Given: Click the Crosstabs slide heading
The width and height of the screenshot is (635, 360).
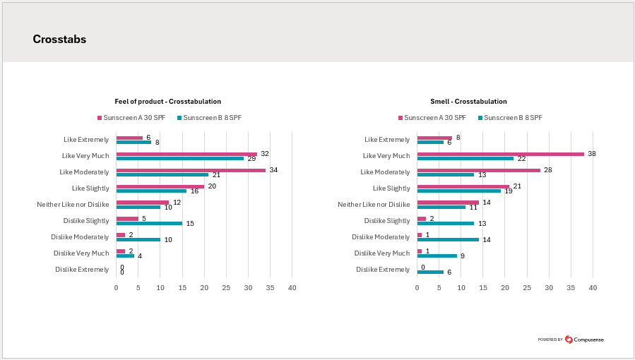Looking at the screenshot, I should click(59, 40).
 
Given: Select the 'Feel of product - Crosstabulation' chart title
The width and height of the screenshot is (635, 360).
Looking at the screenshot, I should click(167, 102).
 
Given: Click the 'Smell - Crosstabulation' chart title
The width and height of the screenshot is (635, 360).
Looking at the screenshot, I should click(468, 102).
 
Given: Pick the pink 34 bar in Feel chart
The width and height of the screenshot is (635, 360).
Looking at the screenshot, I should click(191, 170).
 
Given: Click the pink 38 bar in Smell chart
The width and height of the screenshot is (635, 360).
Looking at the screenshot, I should click(501, 154).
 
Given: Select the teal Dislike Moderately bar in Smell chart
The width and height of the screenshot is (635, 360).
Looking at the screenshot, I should click(448, 239).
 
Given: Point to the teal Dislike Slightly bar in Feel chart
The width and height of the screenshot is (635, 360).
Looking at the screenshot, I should click(149, 223).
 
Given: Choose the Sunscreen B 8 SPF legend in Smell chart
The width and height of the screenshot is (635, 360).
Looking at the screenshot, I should click(510, 118).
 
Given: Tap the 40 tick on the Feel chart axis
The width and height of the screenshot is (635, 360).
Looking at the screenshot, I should click(292, 288).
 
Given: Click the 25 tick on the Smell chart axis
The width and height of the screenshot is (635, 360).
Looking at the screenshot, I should click(527, 288).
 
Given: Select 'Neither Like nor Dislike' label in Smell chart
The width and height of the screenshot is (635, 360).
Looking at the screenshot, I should click(374, 205).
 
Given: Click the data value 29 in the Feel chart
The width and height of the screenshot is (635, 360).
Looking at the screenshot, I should click(251, 159).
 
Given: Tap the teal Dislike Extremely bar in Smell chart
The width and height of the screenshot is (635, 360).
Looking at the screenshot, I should click(430, 272).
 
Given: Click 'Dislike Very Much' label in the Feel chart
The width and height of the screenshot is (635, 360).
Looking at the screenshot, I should click(81, 253).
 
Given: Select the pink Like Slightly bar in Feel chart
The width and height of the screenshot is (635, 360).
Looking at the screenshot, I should click(160, 186).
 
